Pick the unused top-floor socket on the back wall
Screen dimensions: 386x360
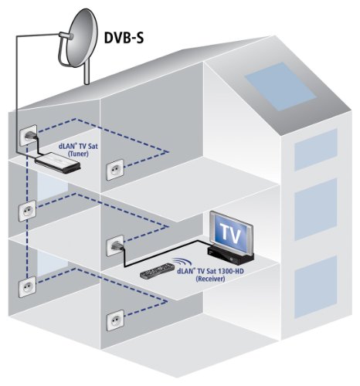click(116, 167)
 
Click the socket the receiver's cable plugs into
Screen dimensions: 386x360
click(115, 245)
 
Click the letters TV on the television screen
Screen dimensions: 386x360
click(229, 232)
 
